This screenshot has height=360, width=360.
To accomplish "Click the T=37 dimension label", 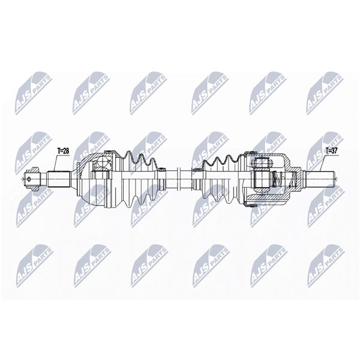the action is point(331,151).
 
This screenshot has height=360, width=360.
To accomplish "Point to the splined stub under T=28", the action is point(58,179).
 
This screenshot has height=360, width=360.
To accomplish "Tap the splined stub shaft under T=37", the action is point(320,179).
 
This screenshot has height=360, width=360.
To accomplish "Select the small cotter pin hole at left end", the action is point(29,179).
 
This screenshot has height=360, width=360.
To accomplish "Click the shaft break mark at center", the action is point(179,179).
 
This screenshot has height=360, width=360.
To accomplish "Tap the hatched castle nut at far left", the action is point(32,179).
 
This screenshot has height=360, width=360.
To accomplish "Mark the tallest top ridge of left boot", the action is point(128,154).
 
